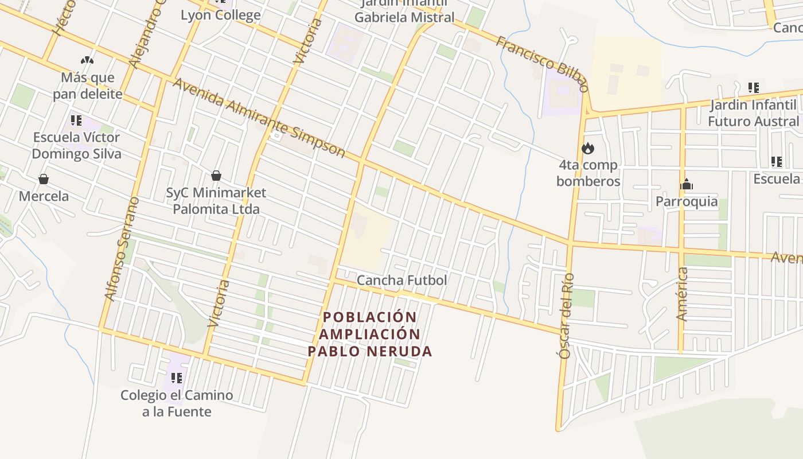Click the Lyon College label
click(220, 15)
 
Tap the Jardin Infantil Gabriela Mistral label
click(404, 17)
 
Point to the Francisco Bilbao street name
click(542, 63)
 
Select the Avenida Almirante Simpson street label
click(259, 118)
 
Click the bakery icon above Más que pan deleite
click(87, 60)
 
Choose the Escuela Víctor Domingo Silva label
click(76, 145)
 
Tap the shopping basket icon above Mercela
click(44, 180)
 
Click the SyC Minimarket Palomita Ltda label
click(216, 200)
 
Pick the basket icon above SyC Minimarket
click(216, 176)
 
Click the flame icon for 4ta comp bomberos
click(588, 149)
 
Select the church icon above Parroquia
click(687, 185)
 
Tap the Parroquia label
click(687, 201)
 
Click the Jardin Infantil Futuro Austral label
click(753, 113)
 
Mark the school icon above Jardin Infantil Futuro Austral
click(753, 88)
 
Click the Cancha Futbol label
click(402, 281)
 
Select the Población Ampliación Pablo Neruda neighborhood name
click(370, 334)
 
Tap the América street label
click(682, 294)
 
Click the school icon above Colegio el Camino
click(177, 378)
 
